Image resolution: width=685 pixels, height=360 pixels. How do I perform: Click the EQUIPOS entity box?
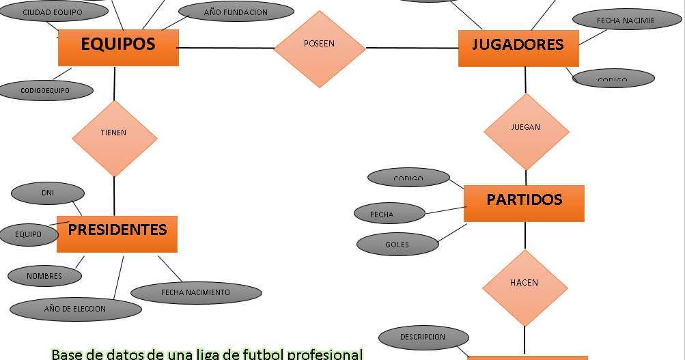tap(118, 46)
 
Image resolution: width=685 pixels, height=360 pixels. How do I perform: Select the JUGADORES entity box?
tap(518, 47)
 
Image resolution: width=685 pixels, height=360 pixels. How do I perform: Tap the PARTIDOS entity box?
tap(524, 202)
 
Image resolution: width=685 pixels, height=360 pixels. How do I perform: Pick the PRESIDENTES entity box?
tap(117, 233)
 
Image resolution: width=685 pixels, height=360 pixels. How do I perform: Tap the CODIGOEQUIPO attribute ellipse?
tap(46, 90)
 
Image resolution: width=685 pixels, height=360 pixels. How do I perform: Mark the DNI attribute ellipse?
tap(48, 193)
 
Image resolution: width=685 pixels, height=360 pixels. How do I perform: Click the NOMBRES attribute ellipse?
tap(44, 276)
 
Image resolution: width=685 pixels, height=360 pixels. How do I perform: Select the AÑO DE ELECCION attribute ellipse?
tap(75, 309)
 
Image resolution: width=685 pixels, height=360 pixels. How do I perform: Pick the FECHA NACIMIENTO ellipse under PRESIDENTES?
tap(195, 292)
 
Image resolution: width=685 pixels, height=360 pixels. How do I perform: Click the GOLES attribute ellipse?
tap(397, 245)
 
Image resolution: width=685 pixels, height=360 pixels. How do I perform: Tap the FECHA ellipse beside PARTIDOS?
tap(382, 214)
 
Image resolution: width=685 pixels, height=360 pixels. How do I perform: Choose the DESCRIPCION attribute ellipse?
tap(423, 337)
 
